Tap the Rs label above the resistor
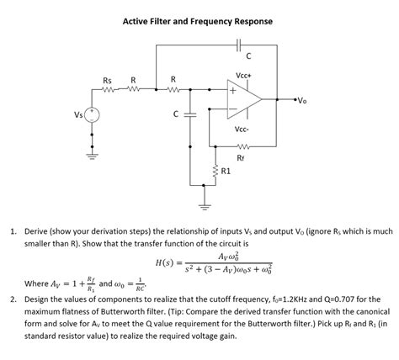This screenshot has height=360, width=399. tap(108, 80)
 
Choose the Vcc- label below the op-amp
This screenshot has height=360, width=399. tap(242, 130)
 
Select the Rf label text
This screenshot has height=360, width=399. tap(242, 157)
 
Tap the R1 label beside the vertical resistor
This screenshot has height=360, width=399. tap(226, 172)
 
